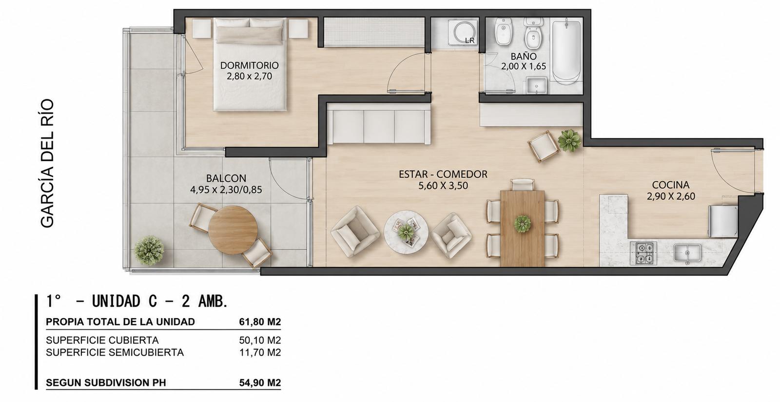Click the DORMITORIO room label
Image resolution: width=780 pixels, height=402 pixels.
coord(249,65)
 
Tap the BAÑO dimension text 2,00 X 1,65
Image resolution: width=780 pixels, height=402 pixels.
coord(524,66)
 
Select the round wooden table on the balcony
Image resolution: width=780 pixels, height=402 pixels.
coord(233,230)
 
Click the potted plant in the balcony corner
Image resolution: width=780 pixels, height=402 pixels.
coord(149,250)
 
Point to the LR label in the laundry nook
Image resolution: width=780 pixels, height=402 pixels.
coord(470,40)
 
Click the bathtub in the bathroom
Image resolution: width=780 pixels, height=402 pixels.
coord(566,52)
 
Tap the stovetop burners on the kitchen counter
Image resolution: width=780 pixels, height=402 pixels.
coord(643,253)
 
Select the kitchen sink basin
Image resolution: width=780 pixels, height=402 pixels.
coord(687,253)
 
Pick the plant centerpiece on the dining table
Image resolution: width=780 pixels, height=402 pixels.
coord(522,224)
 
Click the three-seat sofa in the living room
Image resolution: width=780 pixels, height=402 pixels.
coord(378,126)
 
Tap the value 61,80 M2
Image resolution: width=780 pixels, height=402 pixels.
coord(260,322)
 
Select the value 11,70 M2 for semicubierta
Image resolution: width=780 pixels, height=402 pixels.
coord(260,353)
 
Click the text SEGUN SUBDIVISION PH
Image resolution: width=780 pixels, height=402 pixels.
coord(106,383)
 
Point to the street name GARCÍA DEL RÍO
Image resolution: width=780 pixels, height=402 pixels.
coord(47,164)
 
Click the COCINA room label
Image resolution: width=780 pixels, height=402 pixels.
coord(671,185)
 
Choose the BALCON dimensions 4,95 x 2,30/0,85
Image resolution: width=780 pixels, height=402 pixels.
coord(226,190)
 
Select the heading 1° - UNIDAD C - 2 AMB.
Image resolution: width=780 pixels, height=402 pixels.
coord(137,302)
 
